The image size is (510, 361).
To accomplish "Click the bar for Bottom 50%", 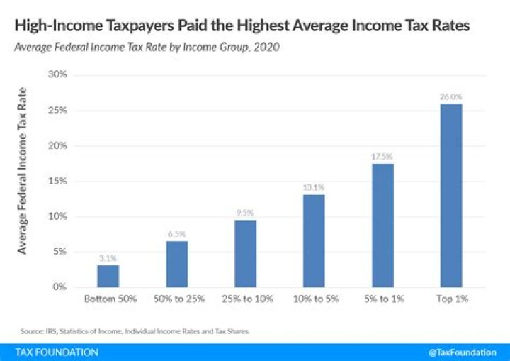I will pos(109,276).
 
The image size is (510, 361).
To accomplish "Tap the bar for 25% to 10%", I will pos(246,253).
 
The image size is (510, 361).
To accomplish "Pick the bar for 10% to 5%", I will pos(314,240).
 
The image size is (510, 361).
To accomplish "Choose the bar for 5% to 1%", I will pos(382,225).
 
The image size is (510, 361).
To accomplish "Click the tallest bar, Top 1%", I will pos(451,195).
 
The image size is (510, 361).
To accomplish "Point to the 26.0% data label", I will pos(451,96).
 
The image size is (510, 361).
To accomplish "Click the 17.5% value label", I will pos(382,157).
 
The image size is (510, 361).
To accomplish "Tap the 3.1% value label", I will pos(109,258).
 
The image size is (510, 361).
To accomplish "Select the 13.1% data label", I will pos(314,188).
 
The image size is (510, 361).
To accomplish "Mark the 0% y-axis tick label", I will pos(59,287).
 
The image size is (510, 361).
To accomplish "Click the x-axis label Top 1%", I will pos(451,299).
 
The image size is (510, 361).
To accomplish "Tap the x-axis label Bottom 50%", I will pos(109,299).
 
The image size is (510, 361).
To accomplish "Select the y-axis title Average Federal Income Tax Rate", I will pos(23,170).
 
